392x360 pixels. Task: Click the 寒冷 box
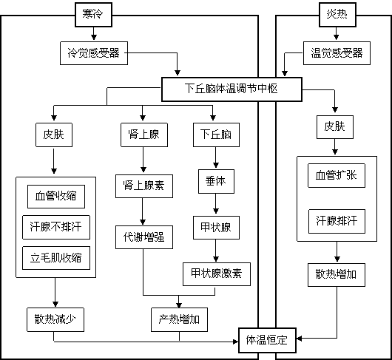(x=93, y=15)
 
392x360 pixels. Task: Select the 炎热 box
(x=337, y=15)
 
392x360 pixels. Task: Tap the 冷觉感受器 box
(x=94, y=53)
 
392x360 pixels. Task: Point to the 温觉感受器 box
(x=337, y=53)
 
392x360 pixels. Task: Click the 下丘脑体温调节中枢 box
(x=232, y=89)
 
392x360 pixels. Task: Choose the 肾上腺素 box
(x=144, y=186)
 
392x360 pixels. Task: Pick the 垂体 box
(x=216, y=181)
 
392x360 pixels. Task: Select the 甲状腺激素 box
(x=217, y=274)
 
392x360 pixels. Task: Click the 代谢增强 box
(x=144, y=237)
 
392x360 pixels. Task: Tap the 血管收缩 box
(x=56, y=197)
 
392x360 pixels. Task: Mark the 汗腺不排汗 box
(x=56, y=228)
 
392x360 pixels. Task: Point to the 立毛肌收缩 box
(x=56, y=258)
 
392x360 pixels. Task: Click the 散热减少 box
(x=55, y=320)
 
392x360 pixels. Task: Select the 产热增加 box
(x=179, y=320)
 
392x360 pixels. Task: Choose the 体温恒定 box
(x=267, y=340)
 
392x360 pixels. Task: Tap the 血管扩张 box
(x=337, y=176)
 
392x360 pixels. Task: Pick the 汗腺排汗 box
(x=337, y=221)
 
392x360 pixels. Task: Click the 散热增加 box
(x=337, y=275)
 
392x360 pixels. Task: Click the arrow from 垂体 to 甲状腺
(x=216, y=204)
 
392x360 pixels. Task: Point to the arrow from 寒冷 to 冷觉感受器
(x=94, y=33)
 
